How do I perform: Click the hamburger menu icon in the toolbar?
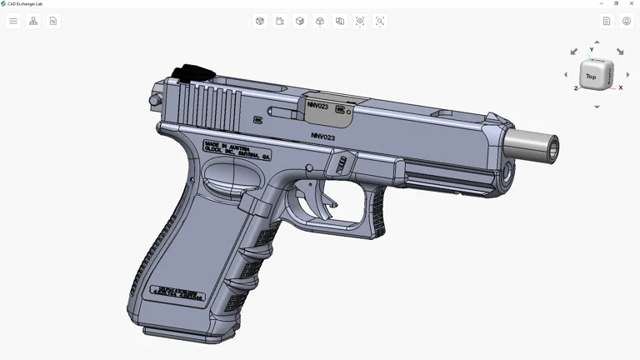coord(13,21)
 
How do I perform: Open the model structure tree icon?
coord(33,21)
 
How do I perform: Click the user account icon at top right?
coord(627,21)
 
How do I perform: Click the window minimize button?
coord(602,3)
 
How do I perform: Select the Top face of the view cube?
coord(591,76)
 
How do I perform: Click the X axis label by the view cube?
coord(621,87)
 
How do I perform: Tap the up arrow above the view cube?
coord(597,42)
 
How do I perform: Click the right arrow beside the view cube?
coord(627,75)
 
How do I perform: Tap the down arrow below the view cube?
coord(597,107)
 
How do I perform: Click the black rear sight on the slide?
coord(192,74)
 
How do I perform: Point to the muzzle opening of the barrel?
coord(551,148)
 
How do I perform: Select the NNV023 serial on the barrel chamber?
coord(317,106)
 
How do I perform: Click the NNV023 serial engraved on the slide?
coord(322,137)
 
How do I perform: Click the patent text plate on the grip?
coord(177,292)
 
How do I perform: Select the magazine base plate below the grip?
coord(179,335)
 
